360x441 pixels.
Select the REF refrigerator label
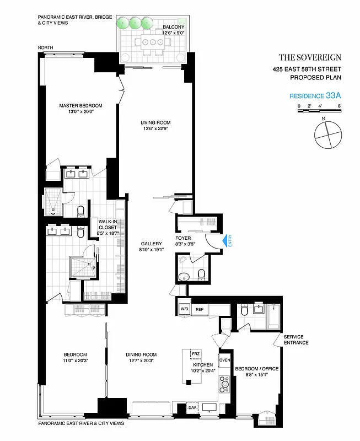tap(200, 309)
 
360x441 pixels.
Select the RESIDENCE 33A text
tap(315, 95)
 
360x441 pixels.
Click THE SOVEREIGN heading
tap(310, 57)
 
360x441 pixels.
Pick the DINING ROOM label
tap(141, 354)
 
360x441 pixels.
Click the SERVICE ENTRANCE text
tap(296, 340)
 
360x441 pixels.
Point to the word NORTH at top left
tap(46, 48)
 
